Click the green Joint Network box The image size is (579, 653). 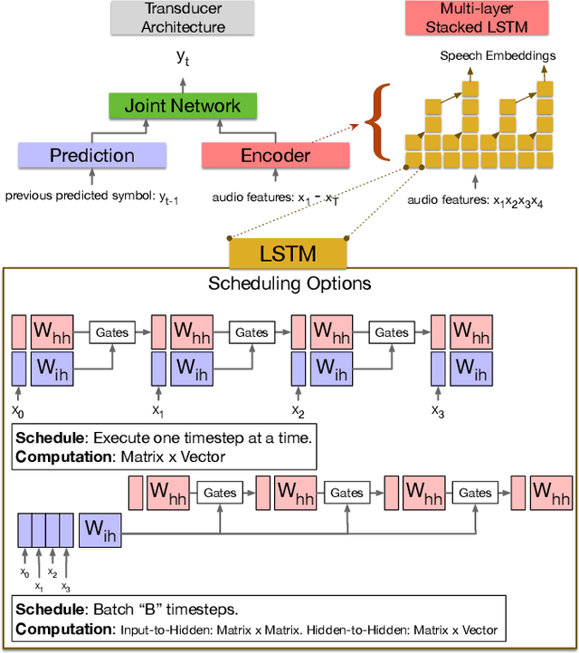tap(184, 107)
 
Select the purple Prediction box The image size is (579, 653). tap(92, 156)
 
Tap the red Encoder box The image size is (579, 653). tap(274, 156)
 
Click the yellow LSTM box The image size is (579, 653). tap(289, 251)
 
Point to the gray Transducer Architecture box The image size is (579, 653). tap(184, 18)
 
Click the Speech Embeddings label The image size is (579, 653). tap(497, 56)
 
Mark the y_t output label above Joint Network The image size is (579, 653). tap(184, 58)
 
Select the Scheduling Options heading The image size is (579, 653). tap(289, 283)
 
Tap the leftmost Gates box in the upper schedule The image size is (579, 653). tap(110, 332)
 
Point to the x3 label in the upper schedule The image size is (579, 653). tap(438, 412)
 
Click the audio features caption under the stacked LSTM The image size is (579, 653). tap(475, 201)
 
